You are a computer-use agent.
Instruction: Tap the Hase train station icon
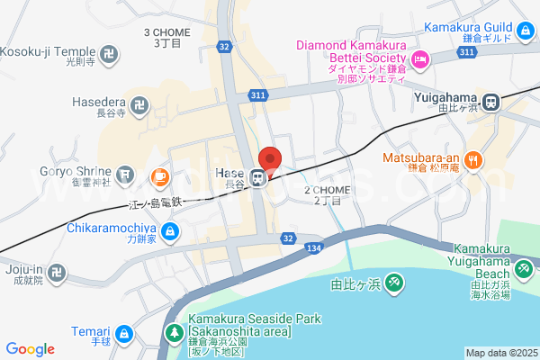coord(258,176)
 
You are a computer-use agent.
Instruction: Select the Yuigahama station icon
coord(491,102)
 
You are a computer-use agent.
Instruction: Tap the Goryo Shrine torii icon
coord(124,172)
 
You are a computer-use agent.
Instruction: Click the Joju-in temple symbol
coord(57,270)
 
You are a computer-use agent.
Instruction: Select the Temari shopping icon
coord(124,336)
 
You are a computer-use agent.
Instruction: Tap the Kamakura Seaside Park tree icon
coord(175,333)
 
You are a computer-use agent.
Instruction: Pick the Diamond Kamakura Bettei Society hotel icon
coord(419,59)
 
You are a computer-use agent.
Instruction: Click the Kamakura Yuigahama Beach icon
coord(523,268)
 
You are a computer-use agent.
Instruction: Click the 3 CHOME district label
coord(167,37)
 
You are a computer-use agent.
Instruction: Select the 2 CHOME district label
coord(326,195)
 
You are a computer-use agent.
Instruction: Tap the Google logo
coord(30,349)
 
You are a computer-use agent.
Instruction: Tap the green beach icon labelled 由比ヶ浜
coord(394,283)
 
